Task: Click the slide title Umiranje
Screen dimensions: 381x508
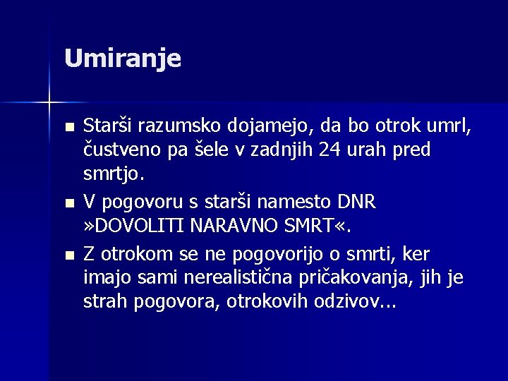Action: click(122, 59)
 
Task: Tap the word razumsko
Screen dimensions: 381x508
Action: click(179, 126)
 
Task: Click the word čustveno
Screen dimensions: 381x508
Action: click(122, 150)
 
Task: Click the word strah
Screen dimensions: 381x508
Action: click(104, 301)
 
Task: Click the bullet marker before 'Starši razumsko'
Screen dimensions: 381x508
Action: click(68, 128)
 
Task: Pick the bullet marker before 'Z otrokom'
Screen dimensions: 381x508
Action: click(68, 254)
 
